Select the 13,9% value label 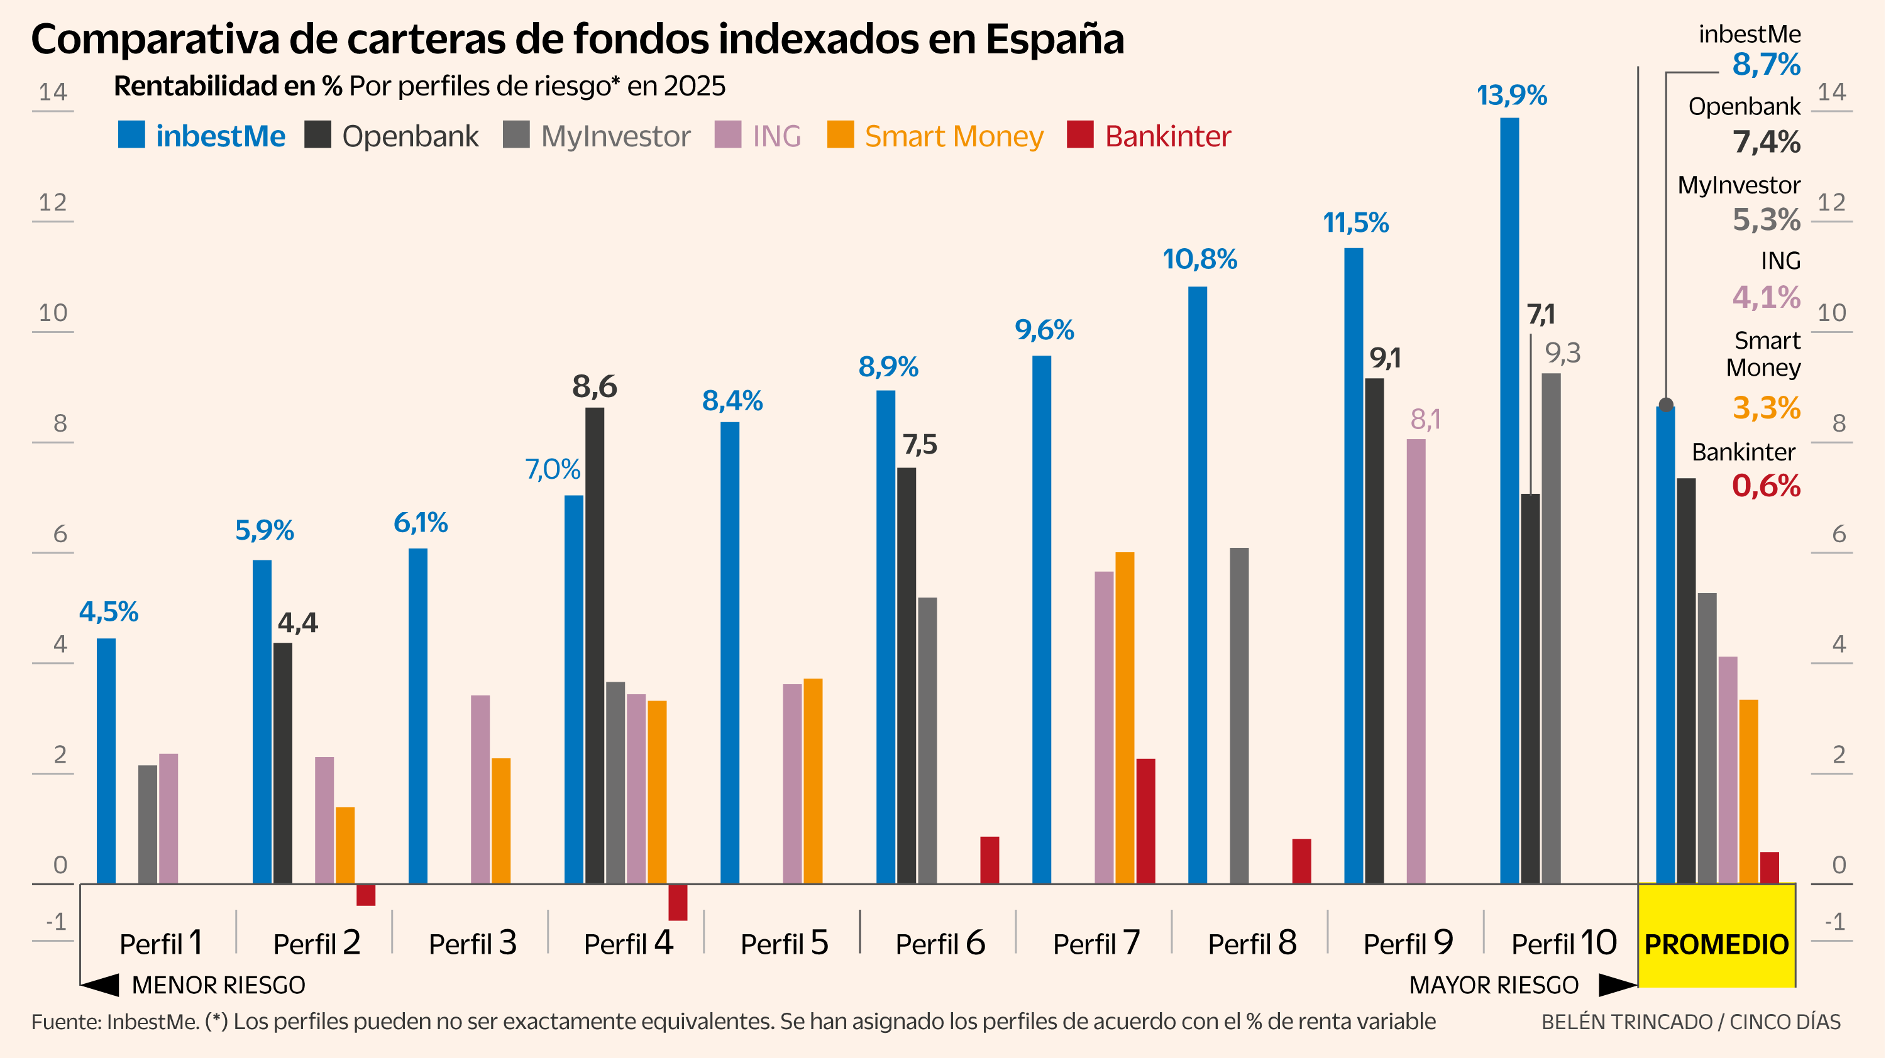click(1511, 95)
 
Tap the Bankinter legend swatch click(1080, 135)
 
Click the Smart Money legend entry click(935, 136)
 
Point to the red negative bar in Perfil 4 click(678, 902)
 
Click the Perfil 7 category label click(1096, 943)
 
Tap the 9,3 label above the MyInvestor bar click(1562, 353)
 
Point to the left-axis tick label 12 click(53, 203)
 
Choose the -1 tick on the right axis click(1834, 921)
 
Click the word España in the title click(1054, 40)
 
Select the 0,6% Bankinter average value click(1765, 486)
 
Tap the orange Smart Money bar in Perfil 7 click(1125, 717)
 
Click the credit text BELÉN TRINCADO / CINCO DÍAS click(1690, 1022)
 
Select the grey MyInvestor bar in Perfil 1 click(147, 824)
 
